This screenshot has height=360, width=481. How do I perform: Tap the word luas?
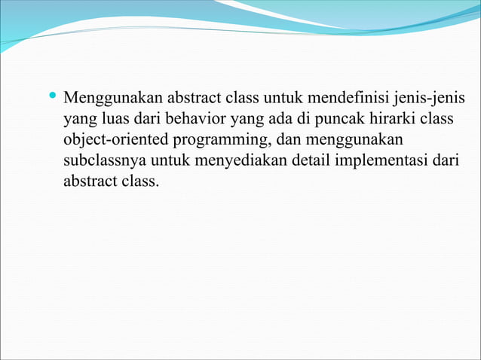(113, 119)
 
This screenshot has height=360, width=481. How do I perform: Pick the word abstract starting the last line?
(89, 181)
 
